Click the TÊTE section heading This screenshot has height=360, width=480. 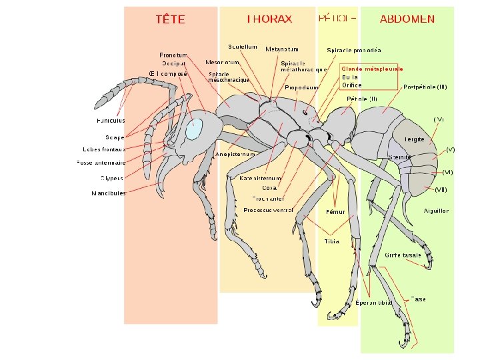(170, 19)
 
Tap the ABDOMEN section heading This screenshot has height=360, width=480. (407, 19)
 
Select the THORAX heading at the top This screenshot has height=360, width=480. (269, 19)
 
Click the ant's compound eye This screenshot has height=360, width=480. (193, 129)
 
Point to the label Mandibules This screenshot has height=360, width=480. (108, 193)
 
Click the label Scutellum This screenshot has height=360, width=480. (243, 47)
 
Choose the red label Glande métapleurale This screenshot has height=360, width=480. (372, 68)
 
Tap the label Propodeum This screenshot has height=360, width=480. (301, 87)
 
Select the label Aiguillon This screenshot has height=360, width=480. (436, 211)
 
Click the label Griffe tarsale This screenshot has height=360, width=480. (403, 255)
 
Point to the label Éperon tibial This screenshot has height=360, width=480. (374, 303)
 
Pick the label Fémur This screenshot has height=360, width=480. (335, 212)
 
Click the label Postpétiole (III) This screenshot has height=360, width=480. (425, 87)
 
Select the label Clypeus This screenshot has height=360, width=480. (112, 178)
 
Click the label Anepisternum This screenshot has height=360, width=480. (236, 155)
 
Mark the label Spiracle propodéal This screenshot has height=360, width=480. (353, 50)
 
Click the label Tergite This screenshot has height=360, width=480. (414, 139)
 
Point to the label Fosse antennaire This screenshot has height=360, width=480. (101, 163)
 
